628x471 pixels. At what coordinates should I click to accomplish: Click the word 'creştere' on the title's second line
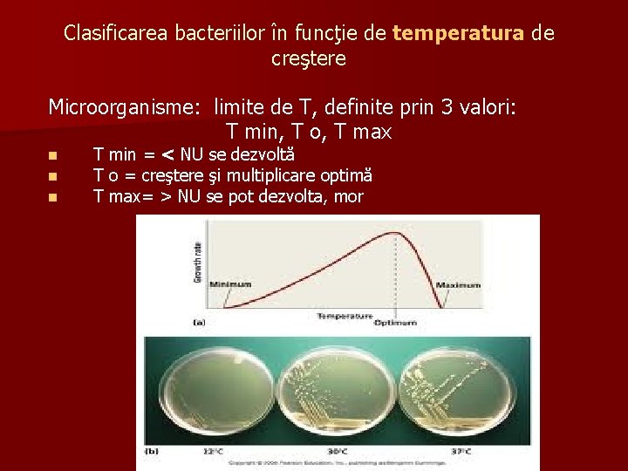(x=309, y=59)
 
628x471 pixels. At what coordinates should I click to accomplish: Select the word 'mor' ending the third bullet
(x=348, y=197)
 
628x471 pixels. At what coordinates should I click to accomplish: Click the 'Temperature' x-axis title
(x=344, y=315)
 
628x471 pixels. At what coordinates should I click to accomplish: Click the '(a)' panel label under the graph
(x=199, y=323)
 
